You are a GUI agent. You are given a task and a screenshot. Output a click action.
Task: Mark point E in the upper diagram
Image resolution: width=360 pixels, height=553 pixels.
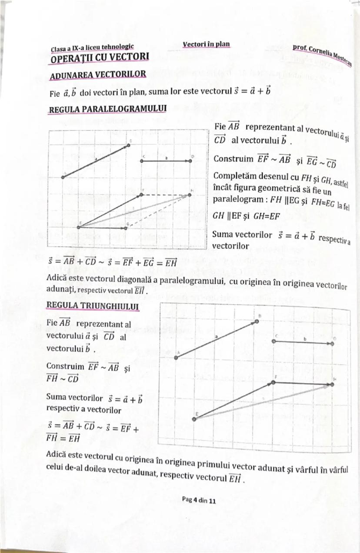tap(79, 227)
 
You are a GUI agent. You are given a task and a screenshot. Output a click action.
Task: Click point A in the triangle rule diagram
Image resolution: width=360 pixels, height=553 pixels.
tap(176, 357)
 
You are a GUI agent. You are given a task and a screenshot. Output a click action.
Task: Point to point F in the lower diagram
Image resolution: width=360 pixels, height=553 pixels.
tap(273, 382)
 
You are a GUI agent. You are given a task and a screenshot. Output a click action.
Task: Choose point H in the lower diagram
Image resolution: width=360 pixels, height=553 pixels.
tap(332, 384)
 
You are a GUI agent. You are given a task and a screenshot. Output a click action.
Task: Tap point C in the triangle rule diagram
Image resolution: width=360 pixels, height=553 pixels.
tap(274, 341)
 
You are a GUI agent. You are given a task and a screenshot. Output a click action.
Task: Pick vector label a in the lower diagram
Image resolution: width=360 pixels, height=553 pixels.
tap(216, 337)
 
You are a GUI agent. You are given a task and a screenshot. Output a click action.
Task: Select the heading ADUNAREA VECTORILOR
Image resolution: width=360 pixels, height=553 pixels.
tap(98, 75)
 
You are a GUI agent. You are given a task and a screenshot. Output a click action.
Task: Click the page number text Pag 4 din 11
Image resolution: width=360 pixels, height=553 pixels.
tap(199, 500)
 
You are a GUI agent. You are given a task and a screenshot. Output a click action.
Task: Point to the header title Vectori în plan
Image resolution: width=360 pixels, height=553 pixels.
tap(206, 44)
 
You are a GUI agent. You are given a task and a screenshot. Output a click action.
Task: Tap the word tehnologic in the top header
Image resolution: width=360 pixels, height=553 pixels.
tap(116, 47)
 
